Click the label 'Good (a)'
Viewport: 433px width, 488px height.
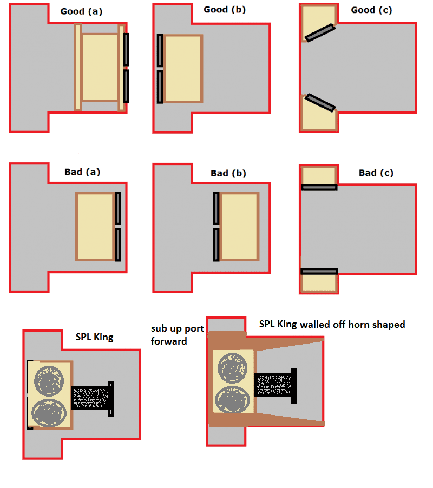point(81,11)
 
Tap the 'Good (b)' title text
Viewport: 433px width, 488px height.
point(225,10)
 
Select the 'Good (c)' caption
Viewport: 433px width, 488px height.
point(371,10)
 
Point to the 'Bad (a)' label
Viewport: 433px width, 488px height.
point(82,172)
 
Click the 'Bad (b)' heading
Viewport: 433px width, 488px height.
point(228,173)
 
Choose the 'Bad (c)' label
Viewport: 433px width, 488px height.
point(376,173)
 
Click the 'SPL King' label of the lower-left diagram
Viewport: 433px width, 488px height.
point(94,337)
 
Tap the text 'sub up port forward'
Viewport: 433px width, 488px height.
point(178,335)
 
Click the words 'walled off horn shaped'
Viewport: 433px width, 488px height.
point(352,325)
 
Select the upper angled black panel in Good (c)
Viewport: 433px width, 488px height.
point(320,32)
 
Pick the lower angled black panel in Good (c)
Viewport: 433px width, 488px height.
point(320,102)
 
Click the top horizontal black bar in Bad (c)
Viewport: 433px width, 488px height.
point(319,187)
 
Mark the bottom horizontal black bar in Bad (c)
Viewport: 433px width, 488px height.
point(319,272)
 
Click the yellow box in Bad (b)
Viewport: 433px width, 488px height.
point(239,226)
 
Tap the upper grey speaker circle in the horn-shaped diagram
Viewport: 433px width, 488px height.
point(233,367)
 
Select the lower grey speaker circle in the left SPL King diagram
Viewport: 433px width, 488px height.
point(49,413)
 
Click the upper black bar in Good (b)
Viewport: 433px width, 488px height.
point(160,50)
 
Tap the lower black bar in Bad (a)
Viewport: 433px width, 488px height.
point(118,245)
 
